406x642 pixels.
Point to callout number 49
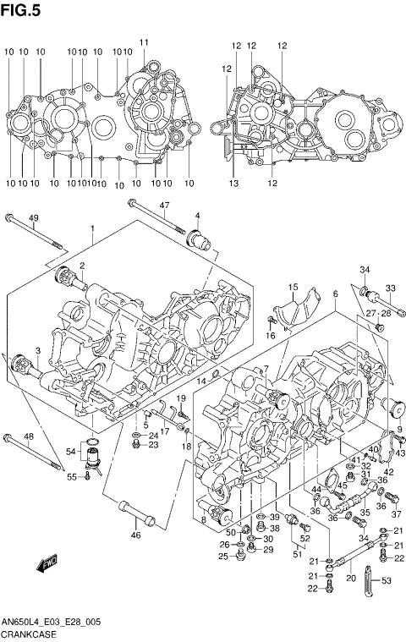pos(34,219)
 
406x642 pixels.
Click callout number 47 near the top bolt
pos(165,206)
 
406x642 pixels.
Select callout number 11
pos(144,42)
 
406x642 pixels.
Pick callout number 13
pos(233,184)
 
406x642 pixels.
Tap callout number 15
pos(293,288)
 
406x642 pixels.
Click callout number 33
pos(391,288)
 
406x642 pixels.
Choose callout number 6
pos(335,294)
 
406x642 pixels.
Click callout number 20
pos(350,579)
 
